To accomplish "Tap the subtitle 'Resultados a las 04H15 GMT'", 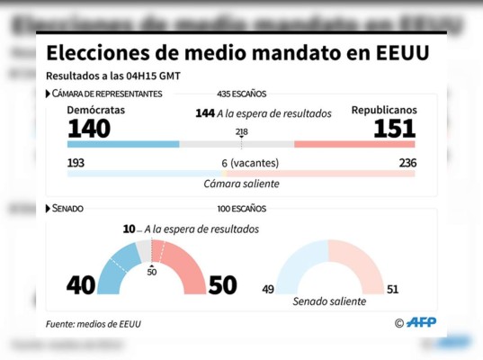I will tap(113, 75).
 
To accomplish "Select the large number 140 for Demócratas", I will tap(89, 129).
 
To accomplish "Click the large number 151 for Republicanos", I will tap(395, 129).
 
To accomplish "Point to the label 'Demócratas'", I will tap(96, 110).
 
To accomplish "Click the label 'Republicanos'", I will tap(384, 110).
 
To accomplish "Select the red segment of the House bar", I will tap(354, 144).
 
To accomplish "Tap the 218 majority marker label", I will tap(241, 132).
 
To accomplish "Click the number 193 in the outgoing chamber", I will tap(76, 163).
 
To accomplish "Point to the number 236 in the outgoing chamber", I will tap(407, 163).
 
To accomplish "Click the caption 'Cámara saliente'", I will tap(241, 184).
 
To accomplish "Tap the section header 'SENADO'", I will tap(67, 209).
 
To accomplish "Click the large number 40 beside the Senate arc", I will tap(81, 285).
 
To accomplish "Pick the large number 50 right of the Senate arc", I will tap(222, 285).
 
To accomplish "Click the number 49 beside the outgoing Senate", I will tap(267, 289).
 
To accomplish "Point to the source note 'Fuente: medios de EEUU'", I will tap(94, 323).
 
